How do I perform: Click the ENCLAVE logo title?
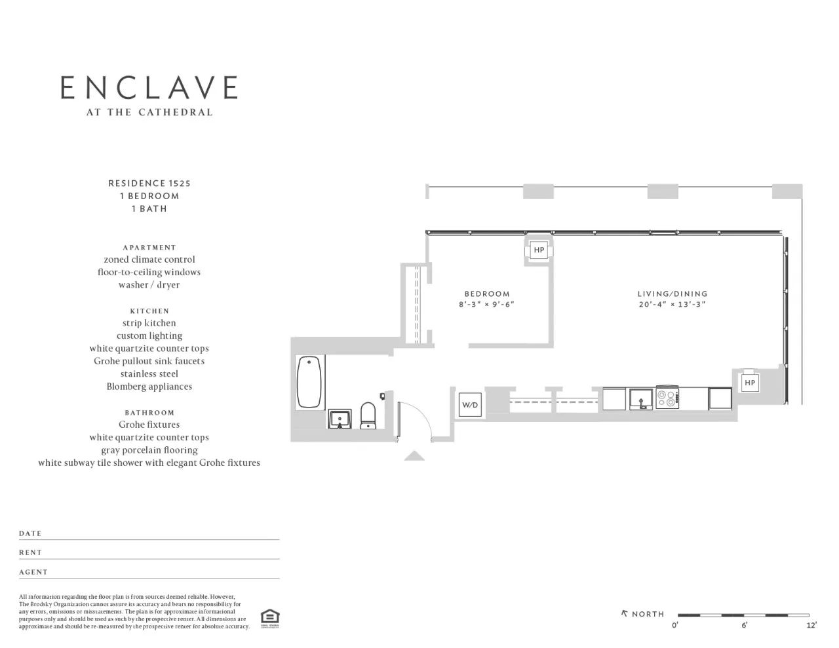[149, 88]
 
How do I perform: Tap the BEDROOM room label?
[486, 294]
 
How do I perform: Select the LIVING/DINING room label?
[673, 294]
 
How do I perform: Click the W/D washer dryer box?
[470, 405]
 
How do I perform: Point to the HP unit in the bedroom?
[539, 250]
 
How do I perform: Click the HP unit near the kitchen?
[750, 383]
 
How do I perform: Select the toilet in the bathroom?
[368, 415]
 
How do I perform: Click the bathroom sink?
[340, 418]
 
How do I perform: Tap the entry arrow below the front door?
[414, 456]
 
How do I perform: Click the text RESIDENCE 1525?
[149, 183]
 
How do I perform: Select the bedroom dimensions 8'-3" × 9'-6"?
[486, 305]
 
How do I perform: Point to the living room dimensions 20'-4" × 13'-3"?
[673, 305]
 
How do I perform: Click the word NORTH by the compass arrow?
[648, 614]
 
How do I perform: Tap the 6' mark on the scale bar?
[744, 625]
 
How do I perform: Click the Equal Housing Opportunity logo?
[269, 618]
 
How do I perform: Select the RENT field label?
[30, 553]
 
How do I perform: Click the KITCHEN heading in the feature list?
[149, 311]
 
